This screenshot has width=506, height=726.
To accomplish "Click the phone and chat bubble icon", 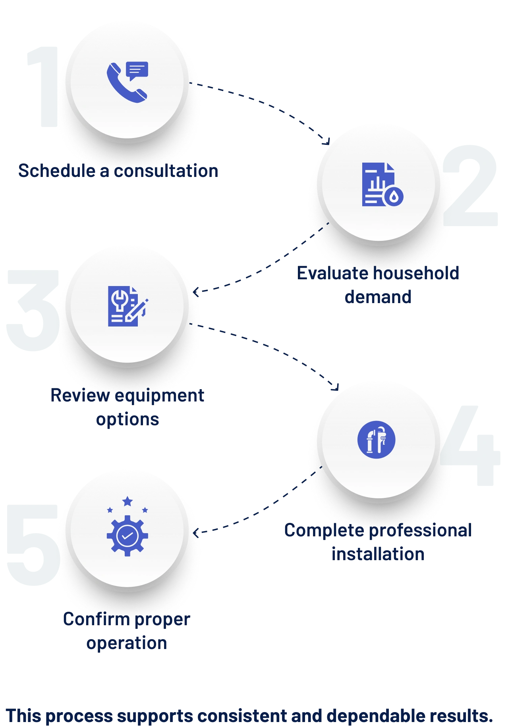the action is [x=127, y=82].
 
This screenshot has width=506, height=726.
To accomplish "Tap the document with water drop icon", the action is [x=382, y=184].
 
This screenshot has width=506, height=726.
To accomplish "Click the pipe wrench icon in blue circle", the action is [x=376, y=440].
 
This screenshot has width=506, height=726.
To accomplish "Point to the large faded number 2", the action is [x=470, y=185].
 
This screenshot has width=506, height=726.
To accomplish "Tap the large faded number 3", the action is [x=33, y=311].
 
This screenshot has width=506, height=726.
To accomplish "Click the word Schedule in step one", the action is [x=57, y=171].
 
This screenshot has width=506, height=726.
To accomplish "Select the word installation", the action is [x=378, y=554].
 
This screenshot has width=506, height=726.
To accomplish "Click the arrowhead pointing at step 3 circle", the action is [x=196, y=292].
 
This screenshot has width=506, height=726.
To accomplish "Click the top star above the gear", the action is [x=127, y=501].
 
